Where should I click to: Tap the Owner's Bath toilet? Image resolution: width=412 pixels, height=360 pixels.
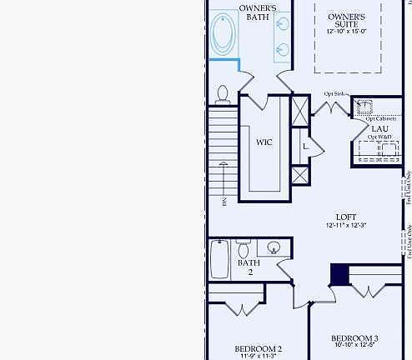click(x=223, y=94)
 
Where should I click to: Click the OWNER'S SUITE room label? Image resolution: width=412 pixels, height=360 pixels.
click(x=346, y=20)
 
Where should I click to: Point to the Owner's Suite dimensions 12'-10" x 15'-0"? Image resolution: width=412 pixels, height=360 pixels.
click(x=346, y=32)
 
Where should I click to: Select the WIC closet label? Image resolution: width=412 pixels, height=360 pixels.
click(x=264, y=142)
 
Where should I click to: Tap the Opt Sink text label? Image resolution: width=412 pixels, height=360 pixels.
click(x=335, y=93)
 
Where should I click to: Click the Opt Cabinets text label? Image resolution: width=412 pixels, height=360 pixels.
click(x=380, y=119)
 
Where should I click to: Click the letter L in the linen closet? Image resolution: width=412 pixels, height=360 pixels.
click(x=306, y=147)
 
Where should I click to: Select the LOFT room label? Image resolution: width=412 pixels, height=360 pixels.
click(x=346, y=216)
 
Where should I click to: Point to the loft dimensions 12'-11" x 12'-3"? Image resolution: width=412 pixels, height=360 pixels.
click(x=346, y=226)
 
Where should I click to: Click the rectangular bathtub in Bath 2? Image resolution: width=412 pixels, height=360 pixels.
click(x=219, y=259)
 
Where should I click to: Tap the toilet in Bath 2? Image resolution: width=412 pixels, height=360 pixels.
click(x=244, y=249)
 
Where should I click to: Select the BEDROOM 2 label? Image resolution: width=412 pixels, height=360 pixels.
click(x=258, y=348)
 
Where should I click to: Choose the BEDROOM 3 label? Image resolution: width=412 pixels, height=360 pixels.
click(x=354, y=337)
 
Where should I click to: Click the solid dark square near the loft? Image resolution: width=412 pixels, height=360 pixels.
click(x=340, y=275)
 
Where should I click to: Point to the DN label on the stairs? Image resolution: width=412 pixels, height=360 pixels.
click(x=224, y=202)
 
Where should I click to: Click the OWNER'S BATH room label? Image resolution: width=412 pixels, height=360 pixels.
click(x=258, y=12)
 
